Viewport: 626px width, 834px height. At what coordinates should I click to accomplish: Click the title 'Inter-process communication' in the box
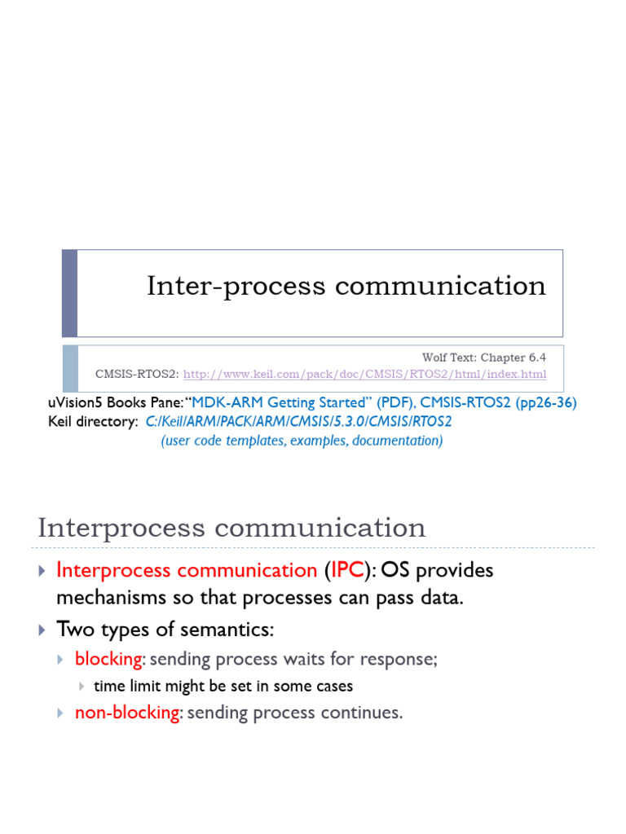coord(346,286)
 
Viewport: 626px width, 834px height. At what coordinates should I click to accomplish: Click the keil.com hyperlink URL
coord(364,375)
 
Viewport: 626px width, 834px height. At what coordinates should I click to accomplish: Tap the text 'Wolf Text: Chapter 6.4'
coord(483,358)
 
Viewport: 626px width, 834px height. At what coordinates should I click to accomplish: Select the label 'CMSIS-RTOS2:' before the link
coord(137,375)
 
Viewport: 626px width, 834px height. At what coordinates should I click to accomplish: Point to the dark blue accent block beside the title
coord(70,293)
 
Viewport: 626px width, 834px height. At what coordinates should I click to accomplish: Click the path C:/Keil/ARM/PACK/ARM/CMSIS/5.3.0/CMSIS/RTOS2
coord(298,422)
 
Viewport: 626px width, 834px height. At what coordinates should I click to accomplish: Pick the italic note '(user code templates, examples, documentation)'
coord(302,441)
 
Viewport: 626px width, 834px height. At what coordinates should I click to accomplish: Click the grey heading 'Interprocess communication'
coord(231,528)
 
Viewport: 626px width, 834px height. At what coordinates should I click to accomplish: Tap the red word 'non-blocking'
coord(126,713)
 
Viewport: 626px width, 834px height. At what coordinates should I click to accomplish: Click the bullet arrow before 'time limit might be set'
coord(81,687)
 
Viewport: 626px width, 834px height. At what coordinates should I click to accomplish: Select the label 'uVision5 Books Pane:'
coord(117,403)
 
